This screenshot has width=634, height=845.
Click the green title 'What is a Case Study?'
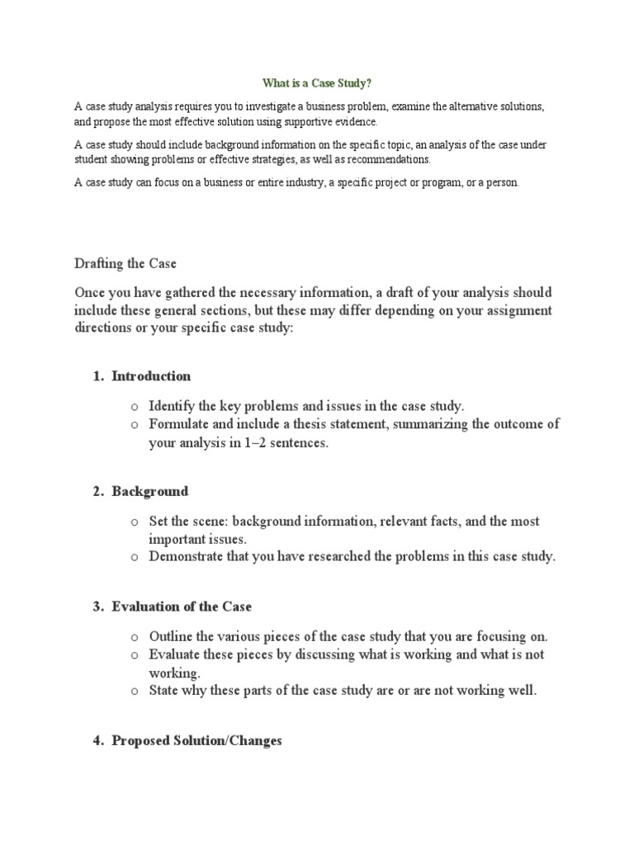click(317, 83)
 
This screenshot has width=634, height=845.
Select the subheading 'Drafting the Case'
click(125, 264)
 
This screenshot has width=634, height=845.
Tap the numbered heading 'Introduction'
click(151, 376)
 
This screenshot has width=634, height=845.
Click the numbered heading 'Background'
click(150, 492)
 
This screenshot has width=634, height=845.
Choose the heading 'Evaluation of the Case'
click(182, 607)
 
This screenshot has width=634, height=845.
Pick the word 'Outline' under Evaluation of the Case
click(172, 636)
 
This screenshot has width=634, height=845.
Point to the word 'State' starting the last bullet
click(165, 691)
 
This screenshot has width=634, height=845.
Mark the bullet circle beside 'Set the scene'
click(134, 522)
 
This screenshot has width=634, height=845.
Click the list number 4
click(97, 741)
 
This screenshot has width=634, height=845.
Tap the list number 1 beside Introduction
click(97, 376)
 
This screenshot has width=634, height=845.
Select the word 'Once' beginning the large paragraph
click(91, 293)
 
